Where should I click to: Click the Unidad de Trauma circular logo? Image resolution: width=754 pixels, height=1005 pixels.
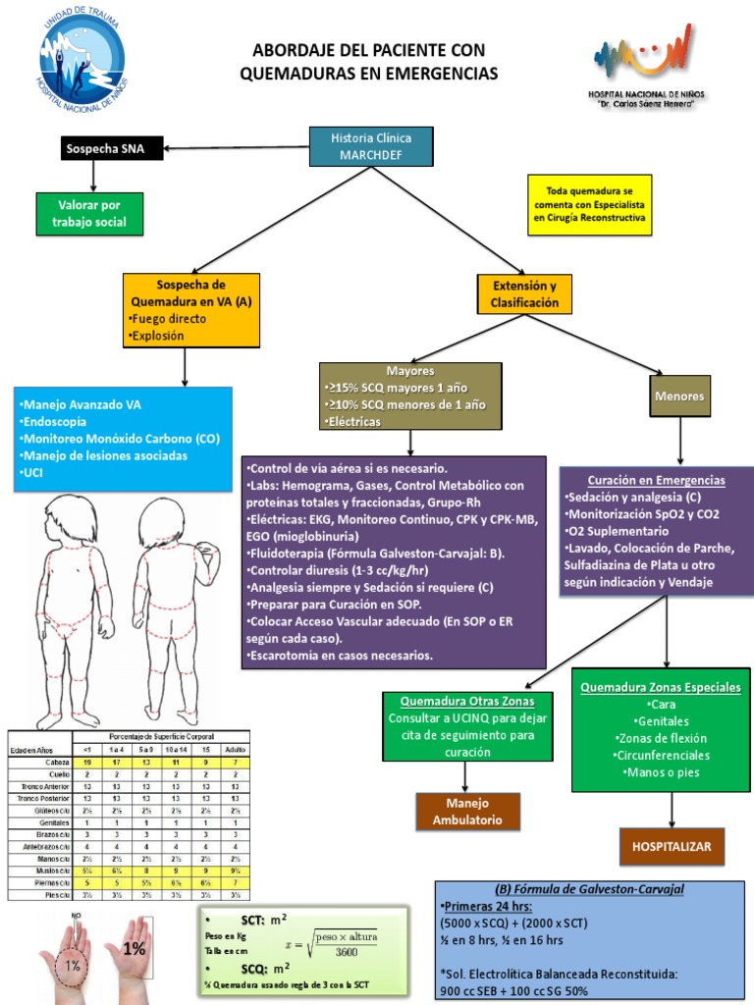82,55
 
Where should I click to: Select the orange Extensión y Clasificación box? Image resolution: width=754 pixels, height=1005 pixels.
524,294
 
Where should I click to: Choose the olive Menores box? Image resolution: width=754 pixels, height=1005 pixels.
680,397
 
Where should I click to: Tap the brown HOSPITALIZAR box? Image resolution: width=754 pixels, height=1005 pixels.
672,844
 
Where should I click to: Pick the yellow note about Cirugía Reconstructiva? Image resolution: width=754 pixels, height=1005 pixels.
586,203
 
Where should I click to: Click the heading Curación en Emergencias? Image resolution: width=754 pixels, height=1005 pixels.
657,480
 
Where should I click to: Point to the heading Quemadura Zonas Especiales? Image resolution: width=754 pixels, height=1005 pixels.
661,688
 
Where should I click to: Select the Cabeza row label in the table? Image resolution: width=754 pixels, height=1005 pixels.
55,762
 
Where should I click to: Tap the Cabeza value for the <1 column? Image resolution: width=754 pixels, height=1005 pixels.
87,762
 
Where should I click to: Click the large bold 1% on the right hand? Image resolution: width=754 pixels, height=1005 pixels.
135,949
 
